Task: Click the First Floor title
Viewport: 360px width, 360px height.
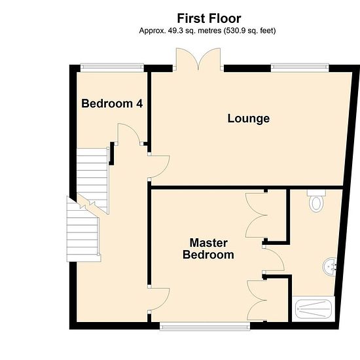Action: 209,18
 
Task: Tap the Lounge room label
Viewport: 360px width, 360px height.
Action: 249,118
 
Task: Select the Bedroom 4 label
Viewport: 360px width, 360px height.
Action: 112,103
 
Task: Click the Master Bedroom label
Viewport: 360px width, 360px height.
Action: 208,249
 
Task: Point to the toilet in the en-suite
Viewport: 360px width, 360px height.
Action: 316,200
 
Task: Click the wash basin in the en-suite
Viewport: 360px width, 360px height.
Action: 330,266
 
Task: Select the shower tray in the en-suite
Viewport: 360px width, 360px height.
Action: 313,309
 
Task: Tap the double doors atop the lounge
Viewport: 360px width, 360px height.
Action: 198,59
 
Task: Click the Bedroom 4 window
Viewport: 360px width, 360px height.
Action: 112,67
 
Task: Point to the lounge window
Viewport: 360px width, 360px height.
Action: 300,67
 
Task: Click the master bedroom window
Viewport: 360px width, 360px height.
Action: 205,326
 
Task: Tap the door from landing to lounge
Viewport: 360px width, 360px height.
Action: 159,166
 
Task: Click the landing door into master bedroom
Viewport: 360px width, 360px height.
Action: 159,299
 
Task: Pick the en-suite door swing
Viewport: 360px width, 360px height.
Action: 274,259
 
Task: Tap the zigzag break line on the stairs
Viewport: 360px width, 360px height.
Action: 87,204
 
